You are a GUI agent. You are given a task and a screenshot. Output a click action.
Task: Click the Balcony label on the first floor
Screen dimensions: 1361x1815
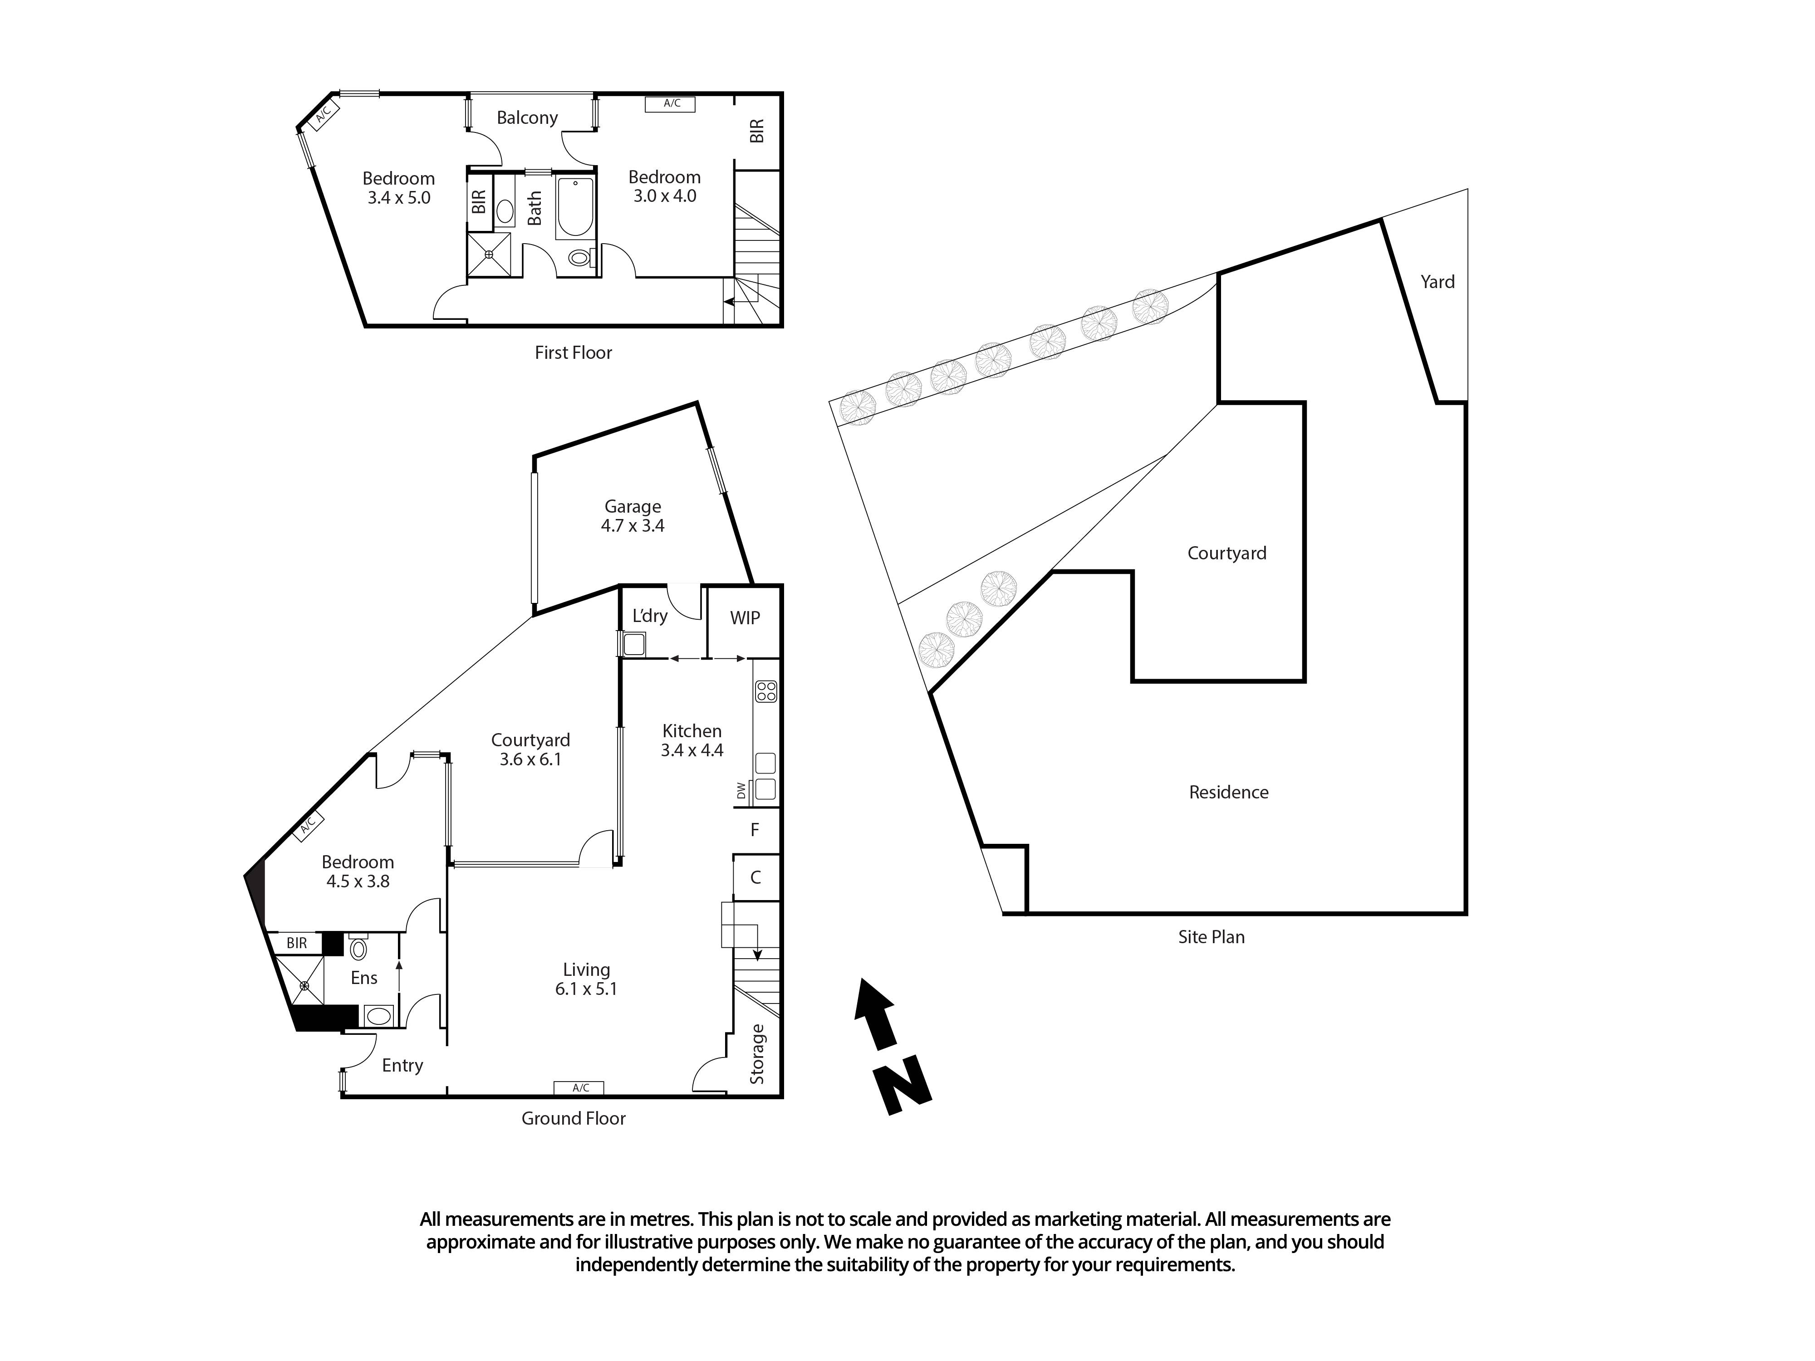pos(527,118)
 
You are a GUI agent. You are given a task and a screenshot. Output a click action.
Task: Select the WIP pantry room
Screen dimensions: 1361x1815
pos(744,618)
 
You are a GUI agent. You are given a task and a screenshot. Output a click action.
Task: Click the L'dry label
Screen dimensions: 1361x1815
pos(650,615)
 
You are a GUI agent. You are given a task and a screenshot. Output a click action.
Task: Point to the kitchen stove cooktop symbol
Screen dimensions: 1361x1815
pos(765,691)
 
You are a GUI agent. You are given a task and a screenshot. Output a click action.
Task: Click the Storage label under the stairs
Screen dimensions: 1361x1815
pos(756,1054)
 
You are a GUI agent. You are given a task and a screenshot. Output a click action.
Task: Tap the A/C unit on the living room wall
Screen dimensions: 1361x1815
pos(579,1088)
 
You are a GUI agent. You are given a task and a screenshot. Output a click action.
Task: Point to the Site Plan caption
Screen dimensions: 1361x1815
pos(1211,937)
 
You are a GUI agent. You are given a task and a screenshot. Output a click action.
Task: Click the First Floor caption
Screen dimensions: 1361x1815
pos(573,353)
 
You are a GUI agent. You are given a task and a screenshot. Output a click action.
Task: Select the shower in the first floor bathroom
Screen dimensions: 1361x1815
pos(489,255)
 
